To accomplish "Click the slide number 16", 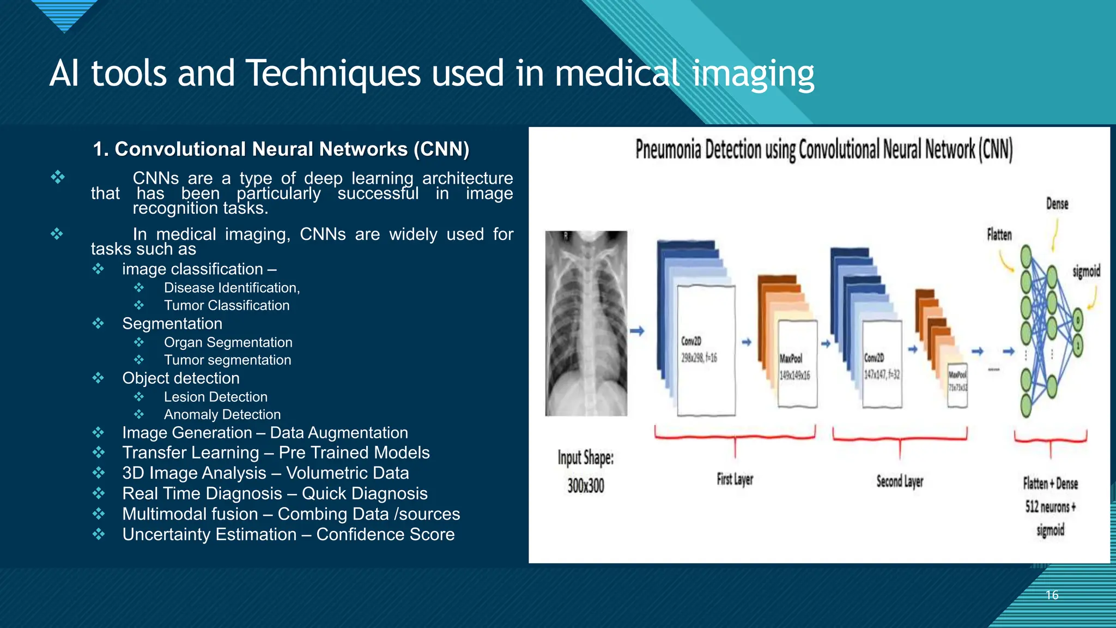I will (1052, 595).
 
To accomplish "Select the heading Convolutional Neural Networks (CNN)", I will (281, 149).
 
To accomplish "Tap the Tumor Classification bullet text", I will (227, 305).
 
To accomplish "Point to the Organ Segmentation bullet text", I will (228, 342).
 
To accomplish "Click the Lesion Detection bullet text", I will (215, 397).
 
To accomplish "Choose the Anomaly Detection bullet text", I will (222, 414).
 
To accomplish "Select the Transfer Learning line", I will (275, 452).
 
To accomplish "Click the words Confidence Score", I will (385, 534).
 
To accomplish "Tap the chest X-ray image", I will (586, 323).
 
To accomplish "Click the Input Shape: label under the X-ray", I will (585, 458).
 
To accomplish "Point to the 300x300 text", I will (585, 485).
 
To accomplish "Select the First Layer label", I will (735, 479).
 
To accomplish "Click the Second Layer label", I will (900, 481).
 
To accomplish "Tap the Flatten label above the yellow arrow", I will (999, 234).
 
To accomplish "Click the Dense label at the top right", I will (1057, 204).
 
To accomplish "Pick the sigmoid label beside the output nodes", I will (1086, 271).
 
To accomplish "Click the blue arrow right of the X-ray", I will (637, 331).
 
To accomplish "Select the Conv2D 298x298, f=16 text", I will (699, 349).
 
